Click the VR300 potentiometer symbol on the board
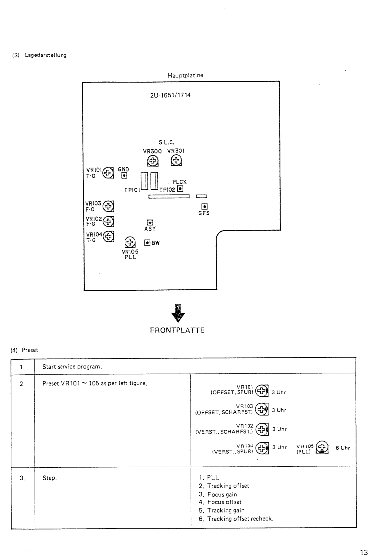coord(153,160)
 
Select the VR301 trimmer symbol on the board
coord(176,160)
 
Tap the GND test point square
coord(124,175)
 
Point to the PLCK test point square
coord(180,189)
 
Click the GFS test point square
coord(203,207)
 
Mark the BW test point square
coord(147,242)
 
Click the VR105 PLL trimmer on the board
coord(130,242)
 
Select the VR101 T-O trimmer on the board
coord(108,173)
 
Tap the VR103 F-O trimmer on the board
coord(108,206)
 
